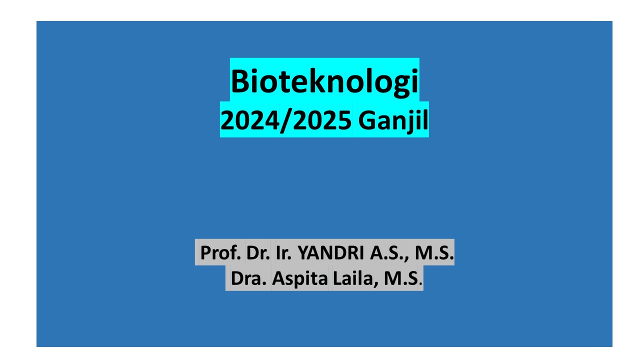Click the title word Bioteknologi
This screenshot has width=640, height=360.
324,81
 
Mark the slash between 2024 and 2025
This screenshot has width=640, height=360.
283,120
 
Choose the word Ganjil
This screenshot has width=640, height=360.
393,120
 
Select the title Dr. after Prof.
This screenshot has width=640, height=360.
258,253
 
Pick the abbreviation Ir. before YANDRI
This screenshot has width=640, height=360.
284,253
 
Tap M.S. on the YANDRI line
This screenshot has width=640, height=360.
435,253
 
